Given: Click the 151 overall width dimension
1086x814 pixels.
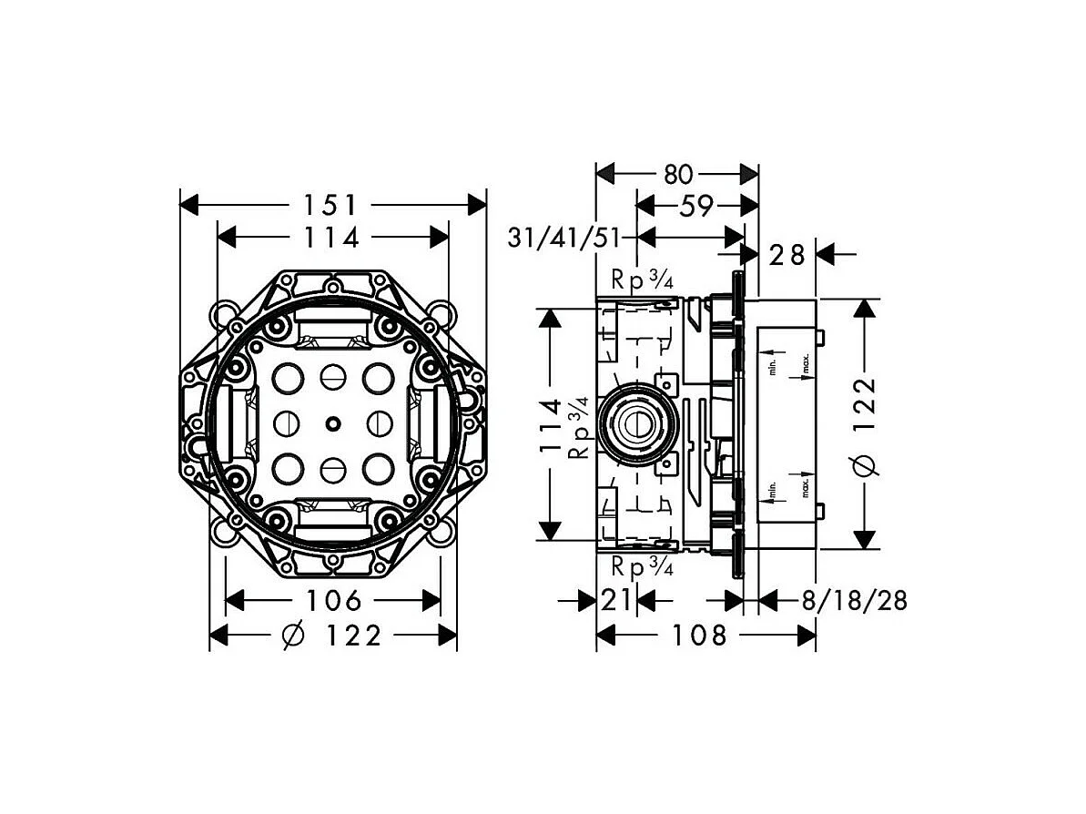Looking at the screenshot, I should click(333, 204).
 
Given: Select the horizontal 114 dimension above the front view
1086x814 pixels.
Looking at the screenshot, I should click(332, 238).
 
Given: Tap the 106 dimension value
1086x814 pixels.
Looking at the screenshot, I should click(333, 601).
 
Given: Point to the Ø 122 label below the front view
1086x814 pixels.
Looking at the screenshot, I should click(332, 636).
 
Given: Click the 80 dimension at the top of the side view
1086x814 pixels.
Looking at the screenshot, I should click(677, 174).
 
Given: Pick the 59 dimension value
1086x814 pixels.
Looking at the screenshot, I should click(695, 207).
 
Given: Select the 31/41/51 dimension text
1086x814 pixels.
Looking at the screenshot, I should click(564, 239).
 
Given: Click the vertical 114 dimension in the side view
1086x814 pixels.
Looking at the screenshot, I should click(550, 424).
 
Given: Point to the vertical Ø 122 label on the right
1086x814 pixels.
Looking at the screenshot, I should click(866, 424).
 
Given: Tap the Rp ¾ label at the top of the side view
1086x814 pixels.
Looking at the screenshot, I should click(642, 281).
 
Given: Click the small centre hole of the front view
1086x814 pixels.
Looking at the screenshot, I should click(333, 422).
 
